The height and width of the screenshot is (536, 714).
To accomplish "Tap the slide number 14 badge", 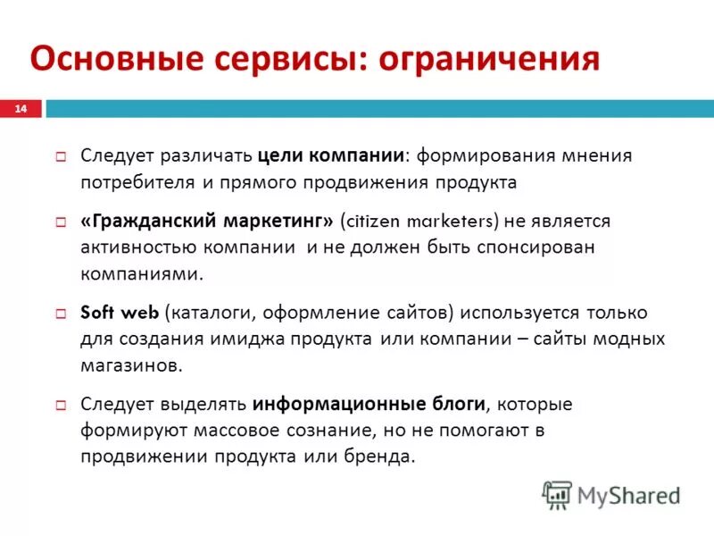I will coord(21,108).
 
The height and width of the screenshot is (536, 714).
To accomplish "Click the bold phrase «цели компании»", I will coord(331,155).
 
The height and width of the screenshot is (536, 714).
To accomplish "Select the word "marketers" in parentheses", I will coord(452,221).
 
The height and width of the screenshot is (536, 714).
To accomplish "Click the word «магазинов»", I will coord(130,365).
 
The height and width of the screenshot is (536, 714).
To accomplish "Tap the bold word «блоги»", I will coord(462,404).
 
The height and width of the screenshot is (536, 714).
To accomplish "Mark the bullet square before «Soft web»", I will coord(62,314).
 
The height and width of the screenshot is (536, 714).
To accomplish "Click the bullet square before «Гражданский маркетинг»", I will coord(62,221).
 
